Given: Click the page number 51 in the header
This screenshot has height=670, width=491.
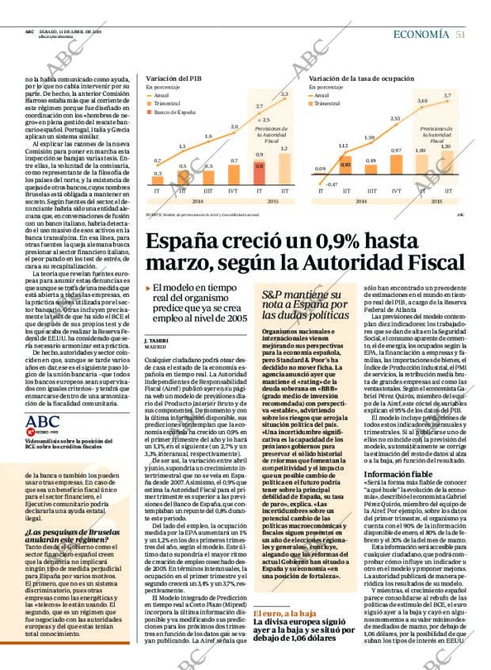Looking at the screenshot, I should tap(460, 34).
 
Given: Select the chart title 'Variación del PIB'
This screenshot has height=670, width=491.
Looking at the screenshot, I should tap(173, 79).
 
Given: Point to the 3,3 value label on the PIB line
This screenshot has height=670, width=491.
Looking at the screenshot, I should tap(284, 94).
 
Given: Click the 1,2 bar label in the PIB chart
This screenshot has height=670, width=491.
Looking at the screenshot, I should tap(284, 148).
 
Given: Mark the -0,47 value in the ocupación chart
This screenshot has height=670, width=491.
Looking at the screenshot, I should tap(331, 184).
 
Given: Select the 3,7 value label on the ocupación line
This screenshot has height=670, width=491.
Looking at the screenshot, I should tap(447, 95).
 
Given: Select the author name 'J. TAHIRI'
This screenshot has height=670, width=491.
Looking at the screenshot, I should tap(157, 339).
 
